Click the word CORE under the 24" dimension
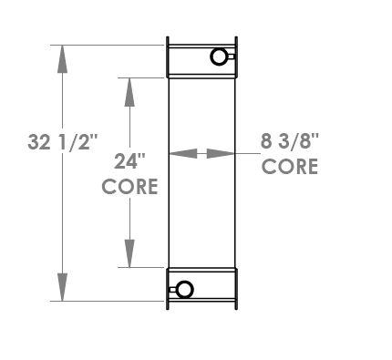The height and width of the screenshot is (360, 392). pyautogui.click(x=130, y=187)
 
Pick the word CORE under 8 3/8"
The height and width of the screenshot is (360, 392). pyautogui.click(x=290, y=167)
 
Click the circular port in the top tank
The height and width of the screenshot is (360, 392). pyautogui.click(x=220, y=57)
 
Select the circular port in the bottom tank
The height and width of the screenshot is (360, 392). pyautogui.click(x=184, y=291)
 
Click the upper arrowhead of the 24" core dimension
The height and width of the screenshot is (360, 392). pyautogui.click(x=130, y=90)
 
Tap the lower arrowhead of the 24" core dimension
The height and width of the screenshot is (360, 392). pyautogui.click(x=130, y=254)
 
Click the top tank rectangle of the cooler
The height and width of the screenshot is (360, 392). pyautogui.click(x=201, y=58)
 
